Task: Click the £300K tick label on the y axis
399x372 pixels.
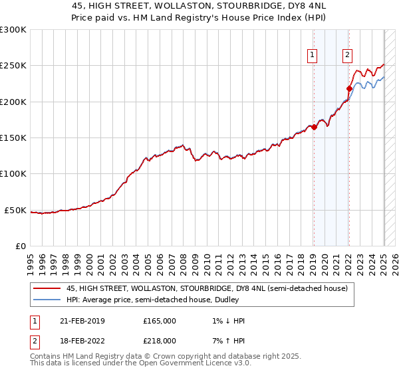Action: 13,30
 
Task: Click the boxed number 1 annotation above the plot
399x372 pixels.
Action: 313,56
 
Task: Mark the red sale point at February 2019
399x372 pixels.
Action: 314,127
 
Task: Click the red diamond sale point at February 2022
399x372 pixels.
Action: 349,88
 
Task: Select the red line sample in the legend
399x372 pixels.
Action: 47,289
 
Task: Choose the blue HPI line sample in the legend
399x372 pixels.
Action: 47,300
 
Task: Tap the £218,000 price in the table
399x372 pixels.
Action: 160,340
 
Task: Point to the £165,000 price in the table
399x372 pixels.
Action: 160,321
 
